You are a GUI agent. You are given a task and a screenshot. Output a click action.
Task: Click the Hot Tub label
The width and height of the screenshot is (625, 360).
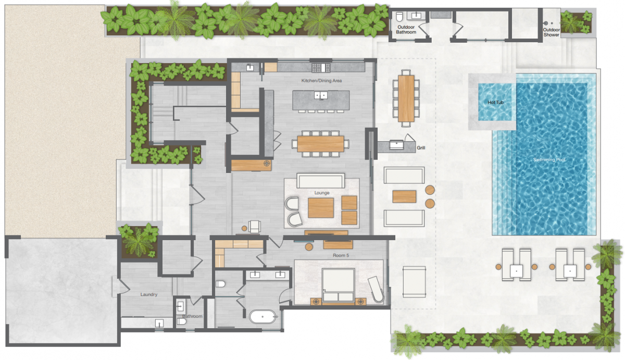pos(495,103)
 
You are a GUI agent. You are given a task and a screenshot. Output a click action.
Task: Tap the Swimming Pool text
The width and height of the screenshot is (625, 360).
pos(549,159)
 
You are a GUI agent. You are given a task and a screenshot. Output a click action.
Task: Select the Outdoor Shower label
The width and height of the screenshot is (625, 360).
pos(551,32)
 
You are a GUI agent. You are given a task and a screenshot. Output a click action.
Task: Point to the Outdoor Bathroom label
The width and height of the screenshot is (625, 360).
pos(406,30)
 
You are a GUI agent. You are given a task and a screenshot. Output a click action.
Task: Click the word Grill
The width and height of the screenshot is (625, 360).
pos(421,147)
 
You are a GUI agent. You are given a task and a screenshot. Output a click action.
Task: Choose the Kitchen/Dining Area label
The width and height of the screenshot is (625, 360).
pos(321,81)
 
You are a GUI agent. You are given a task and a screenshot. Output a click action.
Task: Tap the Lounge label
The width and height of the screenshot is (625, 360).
pos(322,193)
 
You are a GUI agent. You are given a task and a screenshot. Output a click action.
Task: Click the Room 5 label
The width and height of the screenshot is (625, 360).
pos(341,255)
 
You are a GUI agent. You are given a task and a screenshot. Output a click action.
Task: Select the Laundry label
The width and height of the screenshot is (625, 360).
pos(149,294)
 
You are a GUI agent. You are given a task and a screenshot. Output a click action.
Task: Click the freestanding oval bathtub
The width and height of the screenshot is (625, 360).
pos(263,317)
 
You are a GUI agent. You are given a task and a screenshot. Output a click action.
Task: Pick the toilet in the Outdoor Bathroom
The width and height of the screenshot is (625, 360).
pos(399,17)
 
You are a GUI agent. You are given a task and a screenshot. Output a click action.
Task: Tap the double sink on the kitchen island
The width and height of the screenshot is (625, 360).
pos(321,95)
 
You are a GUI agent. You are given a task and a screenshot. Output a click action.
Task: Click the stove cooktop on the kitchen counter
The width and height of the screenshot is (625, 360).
pos(321,68)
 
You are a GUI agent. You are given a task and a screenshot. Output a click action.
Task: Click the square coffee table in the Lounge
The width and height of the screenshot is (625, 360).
pos(321,208)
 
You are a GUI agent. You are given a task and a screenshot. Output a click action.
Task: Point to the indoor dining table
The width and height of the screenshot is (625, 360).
pos(321,144)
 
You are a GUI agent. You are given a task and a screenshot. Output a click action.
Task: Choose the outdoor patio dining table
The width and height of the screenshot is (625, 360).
pos(406,98)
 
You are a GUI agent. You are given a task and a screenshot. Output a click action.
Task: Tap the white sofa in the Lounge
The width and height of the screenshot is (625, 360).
pos(321,181)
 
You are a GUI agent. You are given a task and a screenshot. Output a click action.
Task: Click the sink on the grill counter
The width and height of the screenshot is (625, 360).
pos(396,144)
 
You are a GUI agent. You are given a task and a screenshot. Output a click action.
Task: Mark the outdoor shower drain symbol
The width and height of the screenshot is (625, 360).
pos(546,23)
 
